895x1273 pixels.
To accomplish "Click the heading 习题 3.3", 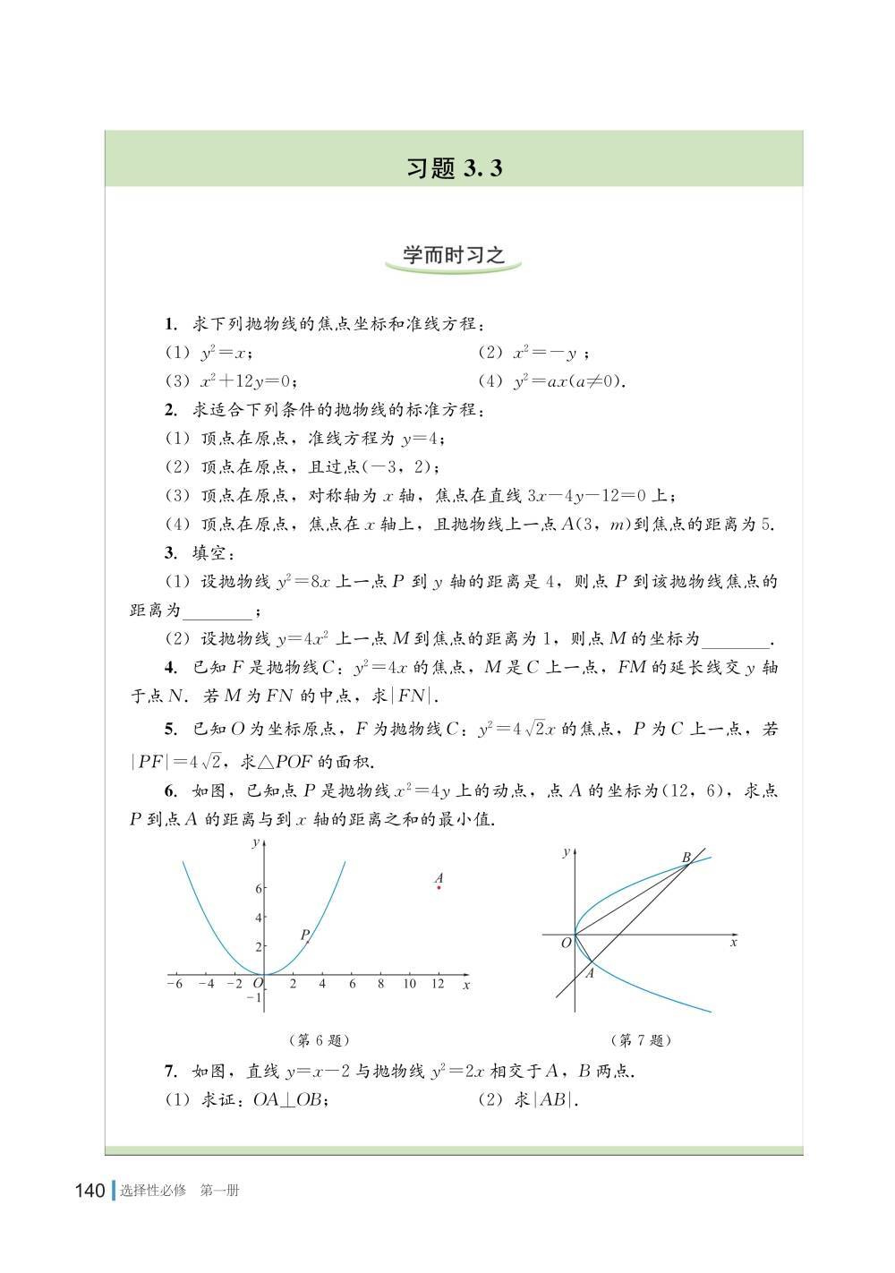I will coord(454,168).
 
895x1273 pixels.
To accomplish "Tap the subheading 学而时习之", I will coord(454,256).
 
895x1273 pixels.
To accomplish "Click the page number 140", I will coord(90,1191).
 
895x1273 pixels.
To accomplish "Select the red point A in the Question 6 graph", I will coord(439,887).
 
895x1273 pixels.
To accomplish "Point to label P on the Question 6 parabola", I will coord(304,934).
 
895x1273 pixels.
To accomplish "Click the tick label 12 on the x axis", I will coord(439,984).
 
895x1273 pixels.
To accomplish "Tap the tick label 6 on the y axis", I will coord(258,888).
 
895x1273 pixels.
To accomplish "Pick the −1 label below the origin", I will coord(253,997).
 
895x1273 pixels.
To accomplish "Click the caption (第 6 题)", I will coord(319,1039).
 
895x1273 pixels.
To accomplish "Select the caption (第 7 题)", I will coord(640,1039).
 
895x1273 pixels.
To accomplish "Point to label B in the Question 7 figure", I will coord(686,858).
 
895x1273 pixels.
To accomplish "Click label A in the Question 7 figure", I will coord(590,974).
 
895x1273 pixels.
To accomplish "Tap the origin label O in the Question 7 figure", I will coord(566,943).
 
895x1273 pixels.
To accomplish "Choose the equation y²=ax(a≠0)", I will coord(567,380).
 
